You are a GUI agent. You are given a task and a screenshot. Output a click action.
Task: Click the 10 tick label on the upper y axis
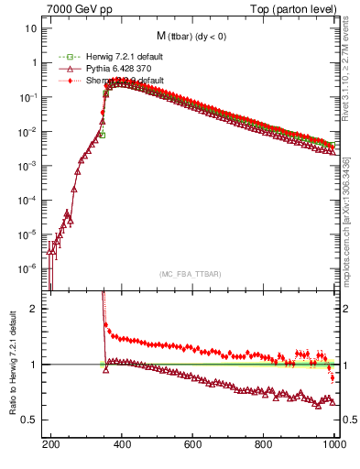[x=30, y=28]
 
